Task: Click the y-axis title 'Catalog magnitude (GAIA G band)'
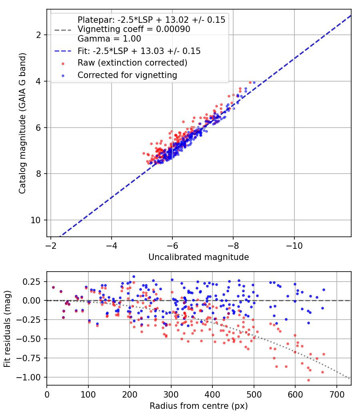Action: [22, 123]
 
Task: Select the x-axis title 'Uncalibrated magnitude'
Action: [198, 257]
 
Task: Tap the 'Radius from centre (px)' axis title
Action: [198, 406]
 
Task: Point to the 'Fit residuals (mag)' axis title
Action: [7, 328]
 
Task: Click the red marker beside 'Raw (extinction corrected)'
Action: [63, 64]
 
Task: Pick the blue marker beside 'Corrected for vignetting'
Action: [63, 76]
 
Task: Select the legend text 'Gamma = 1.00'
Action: [109, 38]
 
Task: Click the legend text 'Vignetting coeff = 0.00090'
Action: [134, 29]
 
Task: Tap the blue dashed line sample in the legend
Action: [63, 51]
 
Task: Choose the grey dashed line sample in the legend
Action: [63, 30]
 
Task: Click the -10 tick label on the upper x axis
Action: [294, 246]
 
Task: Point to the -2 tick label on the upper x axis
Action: [51, 246]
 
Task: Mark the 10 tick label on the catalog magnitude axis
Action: [35, 220]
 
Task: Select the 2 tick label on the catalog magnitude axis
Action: [38, 35]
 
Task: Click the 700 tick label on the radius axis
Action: [336, 394]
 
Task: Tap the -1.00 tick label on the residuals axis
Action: [28, 378]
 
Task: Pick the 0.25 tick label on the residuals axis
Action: [31, 282]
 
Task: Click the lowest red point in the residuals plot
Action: [308, 380]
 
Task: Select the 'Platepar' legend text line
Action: [151, 20]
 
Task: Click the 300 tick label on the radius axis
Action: [171, 394]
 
